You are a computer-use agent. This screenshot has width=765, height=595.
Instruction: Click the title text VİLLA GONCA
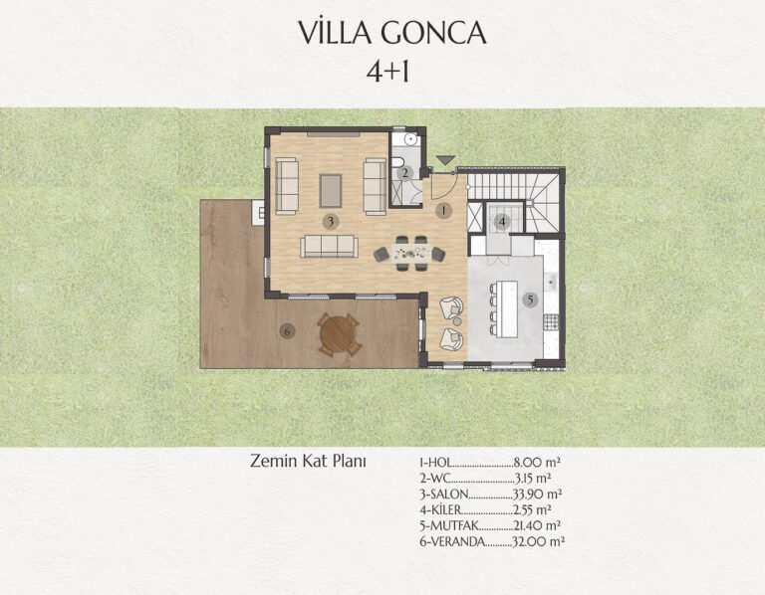[392, 33]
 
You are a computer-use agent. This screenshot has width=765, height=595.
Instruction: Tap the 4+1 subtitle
[387, 73]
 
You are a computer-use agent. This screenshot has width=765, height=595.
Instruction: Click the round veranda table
[338, 334]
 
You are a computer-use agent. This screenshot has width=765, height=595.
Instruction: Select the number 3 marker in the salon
[331, 222]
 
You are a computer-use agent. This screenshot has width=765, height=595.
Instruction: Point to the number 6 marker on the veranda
[287, 332]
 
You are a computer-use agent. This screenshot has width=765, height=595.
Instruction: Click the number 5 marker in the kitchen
[530, 300]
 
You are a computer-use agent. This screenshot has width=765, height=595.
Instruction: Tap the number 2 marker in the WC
[404, 173]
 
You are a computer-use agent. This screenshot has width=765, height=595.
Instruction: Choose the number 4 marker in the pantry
[502, 222]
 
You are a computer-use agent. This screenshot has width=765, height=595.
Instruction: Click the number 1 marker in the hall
[443, 211]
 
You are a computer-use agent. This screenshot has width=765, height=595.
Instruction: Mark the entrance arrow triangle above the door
[445, 160]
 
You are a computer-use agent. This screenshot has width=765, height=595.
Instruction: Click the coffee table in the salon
[331, 190]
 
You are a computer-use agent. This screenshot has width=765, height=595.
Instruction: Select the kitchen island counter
[506, 308]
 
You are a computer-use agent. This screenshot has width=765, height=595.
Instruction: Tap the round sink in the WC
[409, 139]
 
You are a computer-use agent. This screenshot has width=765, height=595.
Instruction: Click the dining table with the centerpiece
[409, 254]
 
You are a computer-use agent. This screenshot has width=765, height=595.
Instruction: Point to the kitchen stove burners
[551, 320]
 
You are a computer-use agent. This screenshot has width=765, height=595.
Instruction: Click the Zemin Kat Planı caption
[308, 461]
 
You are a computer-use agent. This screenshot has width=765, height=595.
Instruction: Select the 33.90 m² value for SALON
[537, 495]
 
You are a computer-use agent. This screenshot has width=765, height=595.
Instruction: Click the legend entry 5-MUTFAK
[449, 526]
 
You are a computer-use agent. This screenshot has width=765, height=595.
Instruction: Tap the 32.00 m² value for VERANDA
[538, 541]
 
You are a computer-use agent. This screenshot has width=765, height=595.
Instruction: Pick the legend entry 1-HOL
[435, 462]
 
